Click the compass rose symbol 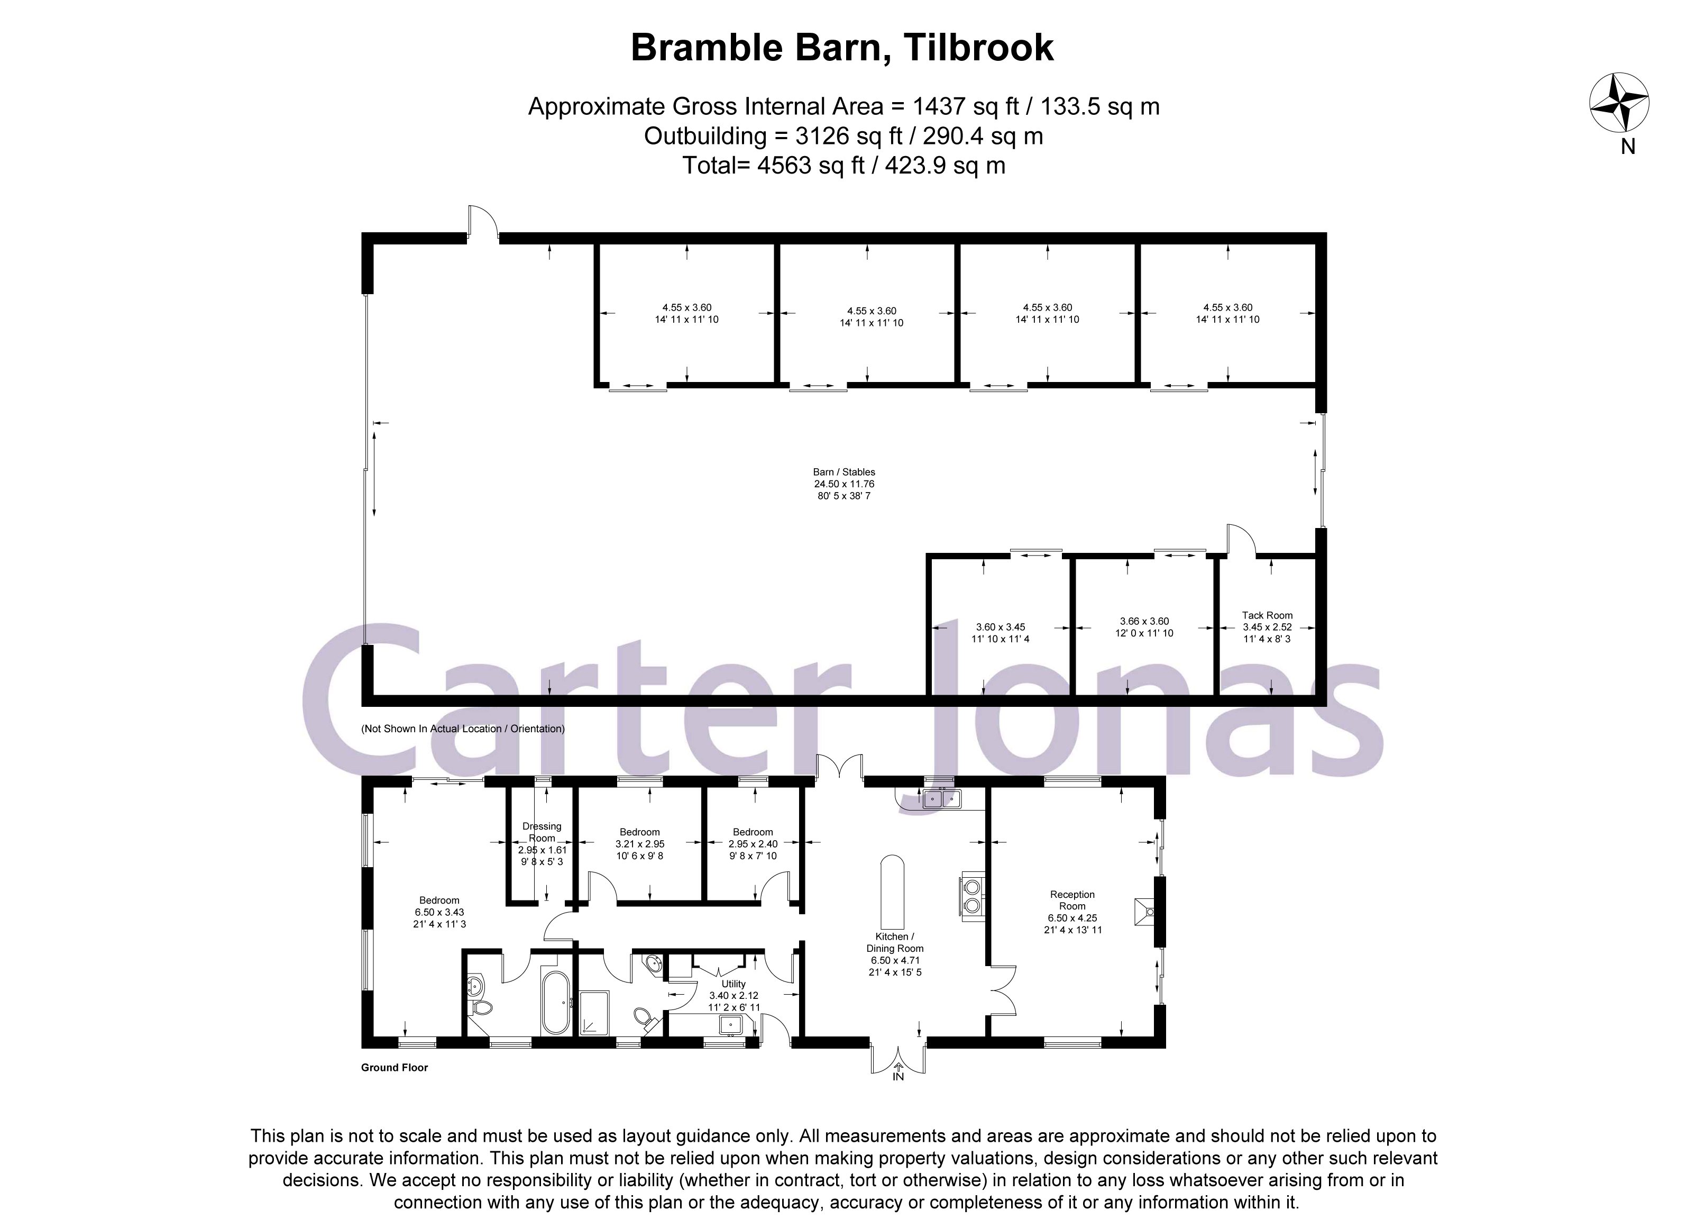tap(1619, 104)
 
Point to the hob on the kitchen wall tap(972, 896)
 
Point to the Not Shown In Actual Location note tap(463, 729)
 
